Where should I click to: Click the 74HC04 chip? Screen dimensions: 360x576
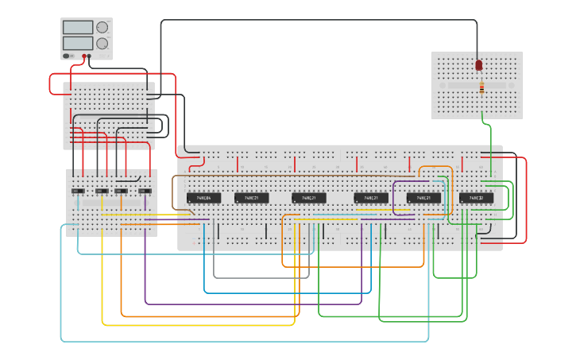[203, 198]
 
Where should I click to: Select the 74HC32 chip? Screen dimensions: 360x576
[476, 198]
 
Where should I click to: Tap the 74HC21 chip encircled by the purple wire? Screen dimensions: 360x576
[423, 198]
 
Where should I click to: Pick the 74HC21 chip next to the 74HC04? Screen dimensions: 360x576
[251, 198]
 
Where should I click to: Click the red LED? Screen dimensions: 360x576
[479, 65]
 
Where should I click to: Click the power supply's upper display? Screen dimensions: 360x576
[79, 28]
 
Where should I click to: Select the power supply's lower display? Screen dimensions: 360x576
[79, 43]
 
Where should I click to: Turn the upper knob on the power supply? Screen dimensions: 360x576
[102, 27]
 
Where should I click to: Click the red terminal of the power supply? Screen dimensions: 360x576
[83, 56]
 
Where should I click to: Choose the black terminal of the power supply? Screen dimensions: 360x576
[89, 56]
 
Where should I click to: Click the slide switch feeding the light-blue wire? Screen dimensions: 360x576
[78, 192]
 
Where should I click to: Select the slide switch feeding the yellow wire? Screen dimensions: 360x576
[101, 192]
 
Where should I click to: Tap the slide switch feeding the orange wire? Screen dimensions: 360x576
[121, 192]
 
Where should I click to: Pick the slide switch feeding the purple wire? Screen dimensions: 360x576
[145, 192]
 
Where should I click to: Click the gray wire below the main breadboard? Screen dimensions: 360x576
[262, 277]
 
